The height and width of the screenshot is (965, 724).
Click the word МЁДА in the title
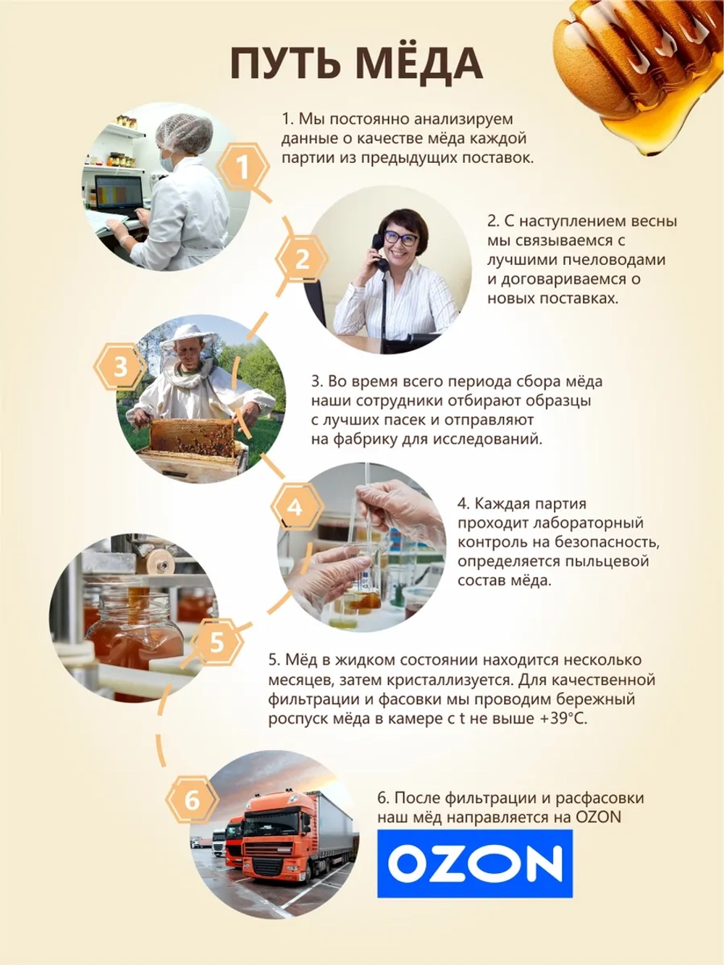(x=420, y=64)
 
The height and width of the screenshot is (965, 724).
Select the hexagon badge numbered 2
(x=301, y=259)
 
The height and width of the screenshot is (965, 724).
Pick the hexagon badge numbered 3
(x=120, y=366)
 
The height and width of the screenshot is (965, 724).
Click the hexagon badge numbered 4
(x=295, y=506)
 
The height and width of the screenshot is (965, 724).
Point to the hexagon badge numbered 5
(x=216, y=641)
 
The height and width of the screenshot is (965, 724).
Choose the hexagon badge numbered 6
(x=192, y=801)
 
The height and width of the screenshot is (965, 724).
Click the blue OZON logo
(x=475, y=863)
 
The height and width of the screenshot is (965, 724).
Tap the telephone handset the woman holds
(x=378, y=253)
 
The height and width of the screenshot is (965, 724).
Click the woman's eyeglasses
(x=400, y=237)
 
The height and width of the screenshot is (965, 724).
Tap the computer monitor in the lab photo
(x=119, y=195)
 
